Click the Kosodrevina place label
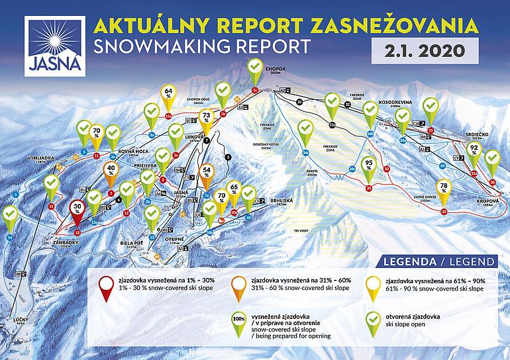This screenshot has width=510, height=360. [395, 103]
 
